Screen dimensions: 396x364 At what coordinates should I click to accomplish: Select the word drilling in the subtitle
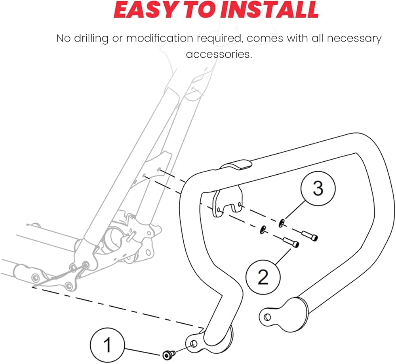click(91, 39)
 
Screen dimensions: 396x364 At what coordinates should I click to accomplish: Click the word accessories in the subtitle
click(219, 54)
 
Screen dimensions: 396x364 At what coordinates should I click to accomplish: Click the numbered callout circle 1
click(107, 345)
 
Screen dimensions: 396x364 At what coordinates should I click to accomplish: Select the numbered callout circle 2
click(263, 277)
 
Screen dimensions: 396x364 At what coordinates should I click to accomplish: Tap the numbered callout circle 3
click(318, 188)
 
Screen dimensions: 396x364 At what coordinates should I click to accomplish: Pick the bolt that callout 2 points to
click(291, 242)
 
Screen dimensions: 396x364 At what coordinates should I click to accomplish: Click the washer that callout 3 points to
click(282, 223)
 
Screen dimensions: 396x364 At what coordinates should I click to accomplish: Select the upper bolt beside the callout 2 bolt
click(310, 236)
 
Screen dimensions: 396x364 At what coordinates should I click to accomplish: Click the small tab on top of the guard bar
click(236, 164)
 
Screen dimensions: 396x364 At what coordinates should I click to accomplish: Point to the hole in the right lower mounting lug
click(267, 317)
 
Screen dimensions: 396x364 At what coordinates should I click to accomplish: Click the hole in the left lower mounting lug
click(194, 344)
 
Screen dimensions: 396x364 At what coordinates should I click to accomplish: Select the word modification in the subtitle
click(160, 39)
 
